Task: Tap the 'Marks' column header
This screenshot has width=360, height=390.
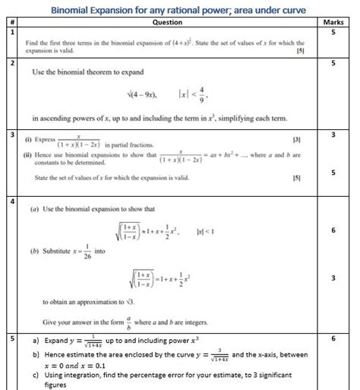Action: (x=339, y=23)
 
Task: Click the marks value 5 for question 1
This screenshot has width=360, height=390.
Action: (x=339, y=33)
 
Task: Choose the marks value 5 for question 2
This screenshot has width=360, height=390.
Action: (x=339, y=64)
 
